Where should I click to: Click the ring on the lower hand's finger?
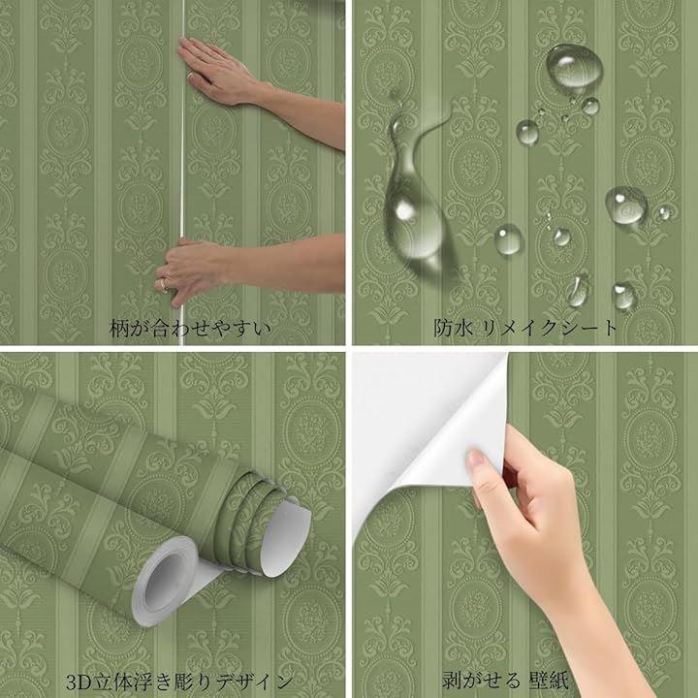(164, 283)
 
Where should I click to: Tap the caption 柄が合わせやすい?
(190, 329)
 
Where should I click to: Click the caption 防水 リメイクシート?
(525, 328)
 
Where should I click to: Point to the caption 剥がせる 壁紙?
(505, 681)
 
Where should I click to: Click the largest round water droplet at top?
(574, 66)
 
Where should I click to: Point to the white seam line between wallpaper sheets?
(181, 173)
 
